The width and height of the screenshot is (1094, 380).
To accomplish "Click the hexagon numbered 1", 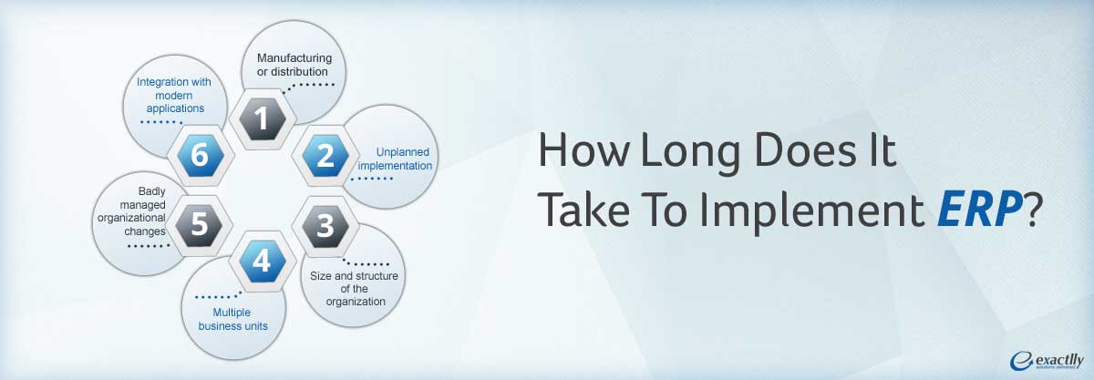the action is click(x=263, y=118).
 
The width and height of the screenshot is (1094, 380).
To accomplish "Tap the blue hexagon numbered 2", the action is click(x=325, y=156).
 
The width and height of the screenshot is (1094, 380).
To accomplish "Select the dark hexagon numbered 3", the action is click(x=325, y=226).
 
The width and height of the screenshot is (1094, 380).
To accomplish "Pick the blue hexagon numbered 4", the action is click(x=263, y=261).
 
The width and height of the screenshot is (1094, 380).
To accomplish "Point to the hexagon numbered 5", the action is click(x=200, y=225).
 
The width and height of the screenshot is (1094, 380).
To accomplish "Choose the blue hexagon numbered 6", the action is click(x=201, y=156).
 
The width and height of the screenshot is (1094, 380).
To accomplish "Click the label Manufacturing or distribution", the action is click(x=294, y=65).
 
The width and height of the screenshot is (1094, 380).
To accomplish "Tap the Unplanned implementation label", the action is click(x=395, y=159).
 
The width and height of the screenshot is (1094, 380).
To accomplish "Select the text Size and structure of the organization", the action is click(x=354, y=289).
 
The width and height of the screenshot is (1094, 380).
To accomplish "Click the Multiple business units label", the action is click(x=232, y=319).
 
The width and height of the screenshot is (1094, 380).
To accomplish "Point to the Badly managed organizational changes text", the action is click(x=132, y=211).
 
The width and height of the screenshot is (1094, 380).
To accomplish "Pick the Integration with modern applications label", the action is click(x=174, y=95).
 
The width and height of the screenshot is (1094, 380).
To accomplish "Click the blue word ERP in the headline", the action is click(x=979, y=210).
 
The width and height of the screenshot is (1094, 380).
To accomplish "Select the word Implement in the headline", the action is click(x=811, y=210).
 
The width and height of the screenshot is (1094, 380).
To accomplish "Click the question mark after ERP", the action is click(x=1033, y=209).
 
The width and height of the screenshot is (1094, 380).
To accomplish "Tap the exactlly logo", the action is click(x=1047, y=361).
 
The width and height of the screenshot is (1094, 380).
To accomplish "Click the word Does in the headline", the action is click(x=805, y=151).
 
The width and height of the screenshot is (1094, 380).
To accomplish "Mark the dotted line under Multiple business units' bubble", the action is click(x=218, y=296).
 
